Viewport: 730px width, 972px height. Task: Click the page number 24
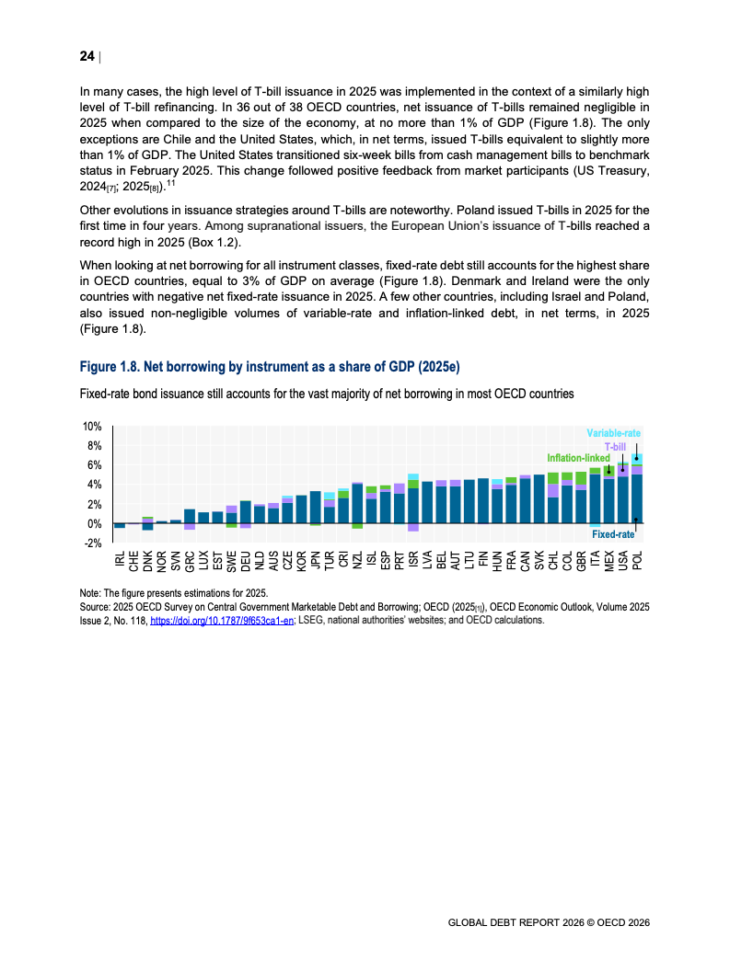pos(87,56)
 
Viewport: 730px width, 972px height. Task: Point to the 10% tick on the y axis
pos(91,427)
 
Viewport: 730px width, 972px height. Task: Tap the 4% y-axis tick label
pos(93,485)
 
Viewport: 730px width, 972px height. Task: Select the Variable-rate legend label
pos(613,432)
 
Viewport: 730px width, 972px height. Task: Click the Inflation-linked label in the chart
pos(578,457)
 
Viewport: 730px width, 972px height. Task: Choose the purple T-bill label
pos(614,446)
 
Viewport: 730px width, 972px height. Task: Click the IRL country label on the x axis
pos(120,560)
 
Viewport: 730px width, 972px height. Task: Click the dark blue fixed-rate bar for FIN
pos(483,501)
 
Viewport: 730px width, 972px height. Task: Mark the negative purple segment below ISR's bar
pos(413,527)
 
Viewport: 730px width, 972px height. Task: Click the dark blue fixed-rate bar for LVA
pos(427,502)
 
